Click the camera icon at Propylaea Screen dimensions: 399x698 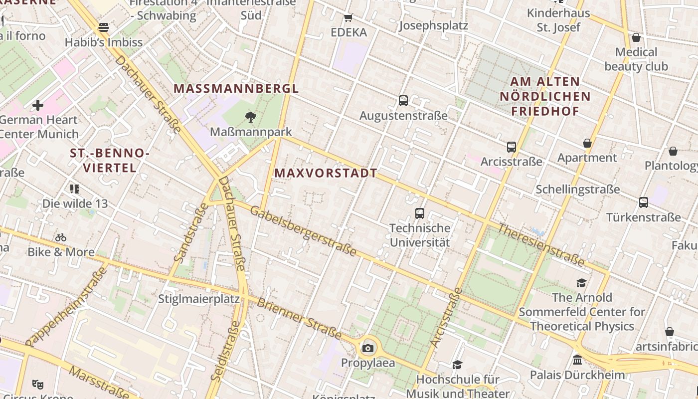pyautogui.click(x=368, y=348)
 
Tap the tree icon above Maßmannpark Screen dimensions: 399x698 pyautogui.click(x=251, y=117)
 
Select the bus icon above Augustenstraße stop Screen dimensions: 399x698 pyautogui.click(x=403, y=101)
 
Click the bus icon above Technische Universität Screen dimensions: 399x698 pyautogui.click(x=420, y=213)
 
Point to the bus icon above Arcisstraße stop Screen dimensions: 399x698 pyautogui.click(x=511, y=147)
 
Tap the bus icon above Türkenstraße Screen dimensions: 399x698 pyautogui.click(x=644, y=202)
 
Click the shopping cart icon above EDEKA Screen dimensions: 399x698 pyautogui.click(x=349, y=17)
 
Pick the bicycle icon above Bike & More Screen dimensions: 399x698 pyautogui.click(x=61, y=237)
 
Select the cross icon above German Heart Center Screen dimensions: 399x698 pyautogui.click(x=38, y=105)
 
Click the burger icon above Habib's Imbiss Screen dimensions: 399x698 pyautogui.click(x=104, y=27)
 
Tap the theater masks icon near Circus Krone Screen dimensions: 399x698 pyautogui.click(x=37, y=384)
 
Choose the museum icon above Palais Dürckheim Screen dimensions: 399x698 pyautogui.click(x=577, y=360)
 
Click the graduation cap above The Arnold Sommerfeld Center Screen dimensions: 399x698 pyautogui.click(x=581, y=283)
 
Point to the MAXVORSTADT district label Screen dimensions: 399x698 pyautogui.click(x=326, y=173)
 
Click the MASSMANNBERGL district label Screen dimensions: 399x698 pyautogui.click(x=236, y=89)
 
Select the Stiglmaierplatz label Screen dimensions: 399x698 pyautogui.click(x=199, y=299)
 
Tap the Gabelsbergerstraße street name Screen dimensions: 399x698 pyautogui.click(x=303, y=231)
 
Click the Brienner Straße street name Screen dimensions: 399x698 pyautogui.click(x=299, y=319)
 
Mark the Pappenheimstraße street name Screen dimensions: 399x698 pyautogui.click(x=66, y=307)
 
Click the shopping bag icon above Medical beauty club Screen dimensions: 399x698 pyautogui.click(x=636, y=37)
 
